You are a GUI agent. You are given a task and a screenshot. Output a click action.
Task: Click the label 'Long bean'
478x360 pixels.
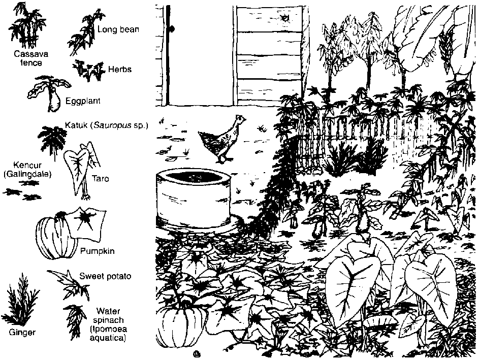click(118, 29)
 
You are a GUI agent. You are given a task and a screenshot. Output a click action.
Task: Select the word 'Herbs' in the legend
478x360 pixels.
click(120, 69)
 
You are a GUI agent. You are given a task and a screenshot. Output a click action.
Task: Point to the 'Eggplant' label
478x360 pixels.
click(83, 101)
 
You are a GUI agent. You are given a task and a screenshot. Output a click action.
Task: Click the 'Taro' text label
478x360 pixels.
click(100, 179)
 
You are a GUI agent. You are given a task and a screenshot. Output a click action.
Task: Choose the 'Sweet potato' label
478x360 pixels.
click(105, 276)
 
